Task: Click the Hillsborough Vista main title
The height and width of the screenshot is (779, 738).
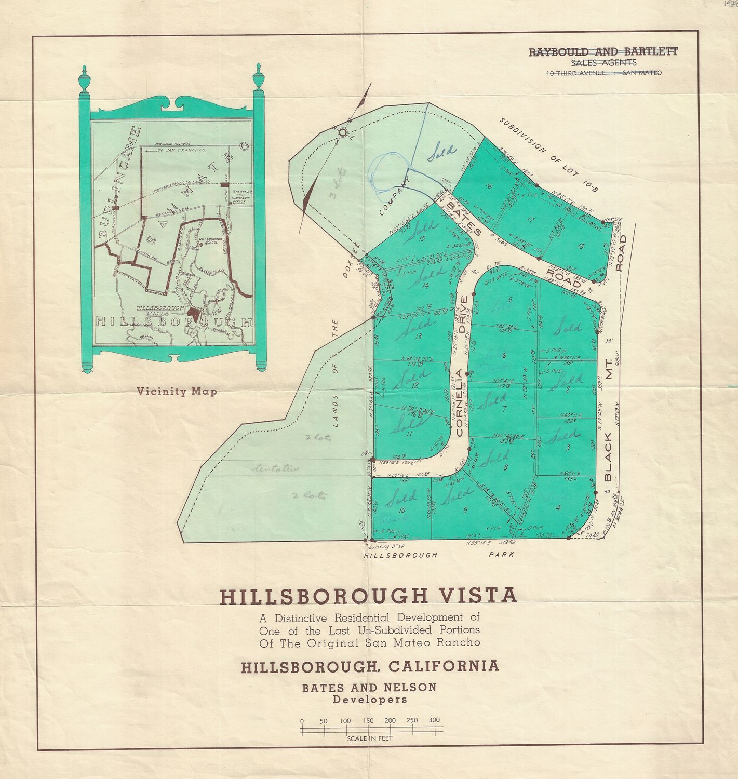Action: coord(369,595)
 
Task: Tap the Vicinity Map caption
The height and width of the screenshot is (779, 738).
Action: coord(177,392)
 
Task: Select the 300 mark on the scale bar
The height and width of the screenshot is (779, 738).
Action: coord(434,720)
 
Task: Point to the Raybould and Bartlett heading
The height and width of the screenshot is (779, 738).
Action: coord(603,51)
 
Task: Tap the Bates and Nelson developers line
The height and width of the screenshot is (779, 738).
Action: coord(369,687)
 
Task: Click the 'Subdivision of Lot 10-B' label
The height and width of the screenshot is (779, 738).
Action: coord(549,155)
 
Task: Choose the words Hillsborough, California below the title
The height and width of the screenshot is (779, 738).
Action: coord(369,666)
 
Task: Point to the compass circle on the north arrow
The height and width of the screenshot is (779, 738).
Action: coord(343,132)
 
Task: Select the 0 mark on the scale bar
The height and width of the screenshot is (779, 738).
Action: coord(302,721)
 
